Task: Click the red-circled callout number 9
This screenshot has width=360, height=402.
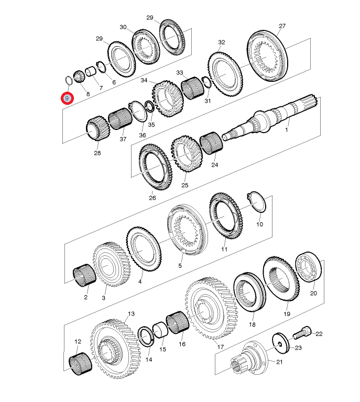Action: click(x=67, y=98)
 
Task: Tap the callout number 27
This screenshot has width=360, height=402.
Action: click(x=282, y=26)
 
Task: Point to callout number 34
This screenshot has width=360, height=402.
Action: click(x=144, y=81)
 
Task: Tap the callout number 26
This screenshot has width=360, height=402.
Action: click(x=152, y=198)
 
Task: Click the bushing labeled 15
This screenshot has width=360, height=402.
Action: click(x=159, y=333)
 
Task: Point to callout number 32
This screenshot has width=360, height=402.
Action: click(x=221, y=42)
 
